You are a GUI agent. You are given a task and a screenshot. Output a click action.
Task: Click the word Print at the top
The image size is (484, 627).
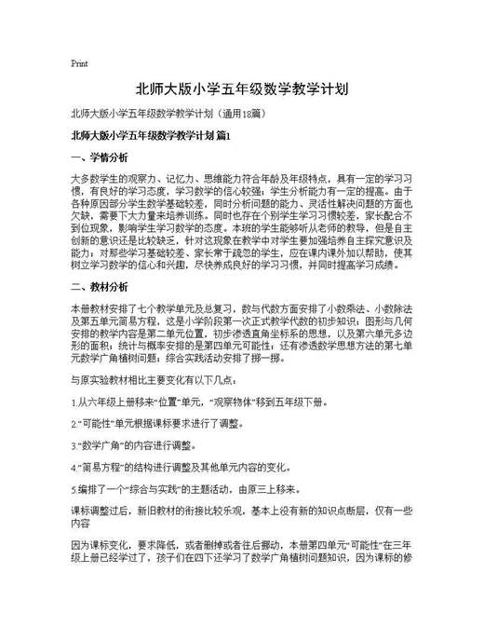point(79,64)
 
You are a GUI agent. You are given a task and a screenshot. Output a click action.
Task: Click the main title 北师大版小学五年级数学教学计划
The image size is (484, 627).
point(241,90)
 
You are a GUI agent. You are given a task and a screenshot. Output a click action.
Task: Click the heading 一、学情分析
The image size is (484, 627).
point(100,156)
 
